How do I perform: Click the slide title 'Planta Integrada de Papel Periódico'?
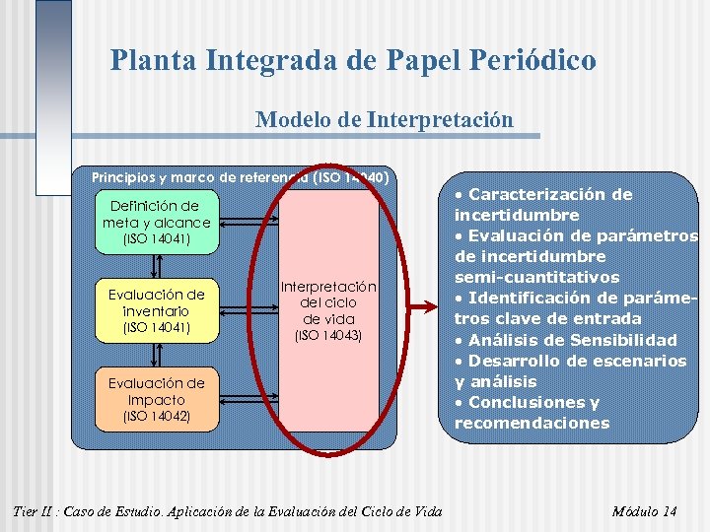[353, 61]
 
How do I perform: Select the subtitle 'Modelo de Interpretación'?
[384, 120]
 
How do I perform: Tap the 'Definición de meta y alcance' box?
[157, 222]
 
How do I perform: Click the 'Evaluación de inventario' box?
[157, 310]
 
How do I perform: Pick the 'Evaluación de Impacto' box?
[157, 399]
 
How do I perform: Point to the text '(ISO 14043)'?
[329, 336]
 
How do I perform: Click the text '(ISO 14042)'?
[157, 417]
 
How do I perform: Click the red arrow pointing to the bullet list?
[423, 310]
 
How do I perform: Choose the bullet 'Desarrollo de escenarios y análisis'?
[570, 370]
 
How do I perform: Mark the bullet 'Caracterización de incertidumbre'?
[543, 204]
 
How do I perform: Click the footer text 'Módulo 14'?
[644, 511]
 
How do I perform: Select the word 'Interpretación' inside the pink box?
[329, 286]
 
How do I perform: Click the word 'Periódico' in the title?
[532, 61]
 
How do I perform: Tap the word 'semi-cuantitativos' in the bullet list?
[536, 277]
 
